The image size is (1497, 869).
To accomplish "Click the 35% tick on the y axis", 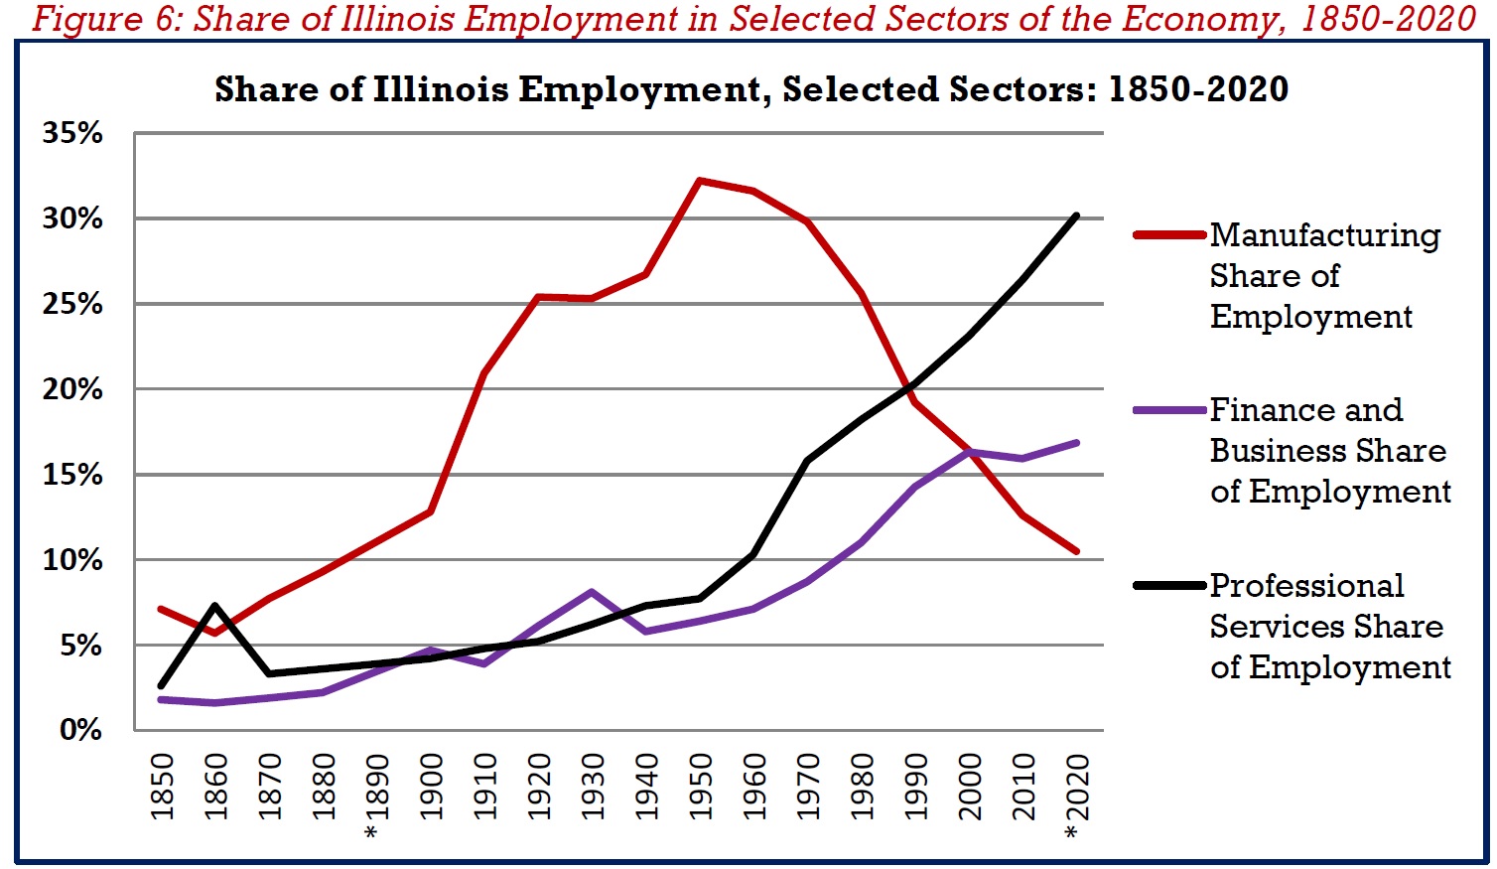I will click(x=72, y=133).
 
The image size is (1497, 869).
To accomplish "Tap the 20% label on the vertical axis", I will click(x=72, y=389).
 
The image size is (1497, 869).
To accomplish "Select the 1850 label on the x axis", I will click(x=162, y=787).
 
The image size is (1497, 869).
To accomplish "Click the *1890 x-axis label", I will click(x=377, y=795).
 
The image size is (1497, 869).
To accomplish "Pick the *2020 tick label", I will click(x=1076, y=795).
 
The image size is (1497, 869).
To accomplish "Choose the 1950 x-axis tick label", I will click(x=700, y=787).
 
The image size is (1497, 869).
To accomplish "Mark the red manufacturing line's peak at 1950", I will click(x=700, y=181).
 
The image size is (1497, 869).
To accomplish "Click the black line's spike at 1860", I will click(x=215, y=605).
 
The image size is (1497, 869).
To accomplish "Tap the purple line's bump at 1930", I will click(x=592, y=592).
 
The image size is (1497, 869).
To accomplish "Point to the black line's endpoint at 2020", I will click(x=1076, y=216).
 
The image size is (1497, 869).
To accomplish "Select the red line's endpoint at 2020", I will click(x=1076, y=551).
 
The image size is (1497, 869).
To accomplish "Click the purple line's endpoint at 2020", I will click(x=1076, y=443).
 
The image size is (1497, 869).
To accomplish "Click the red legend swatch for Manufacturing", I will click(x=1169, y=235).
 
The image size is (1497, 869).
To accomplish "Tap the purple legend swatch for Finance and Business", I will click(x=1169, y=410).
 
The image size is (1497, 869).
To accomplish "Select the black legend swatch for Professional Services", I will click(x=1169, y=586).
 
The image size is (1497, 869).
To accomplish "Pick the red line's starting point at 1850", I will click(x=162, y=608).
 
